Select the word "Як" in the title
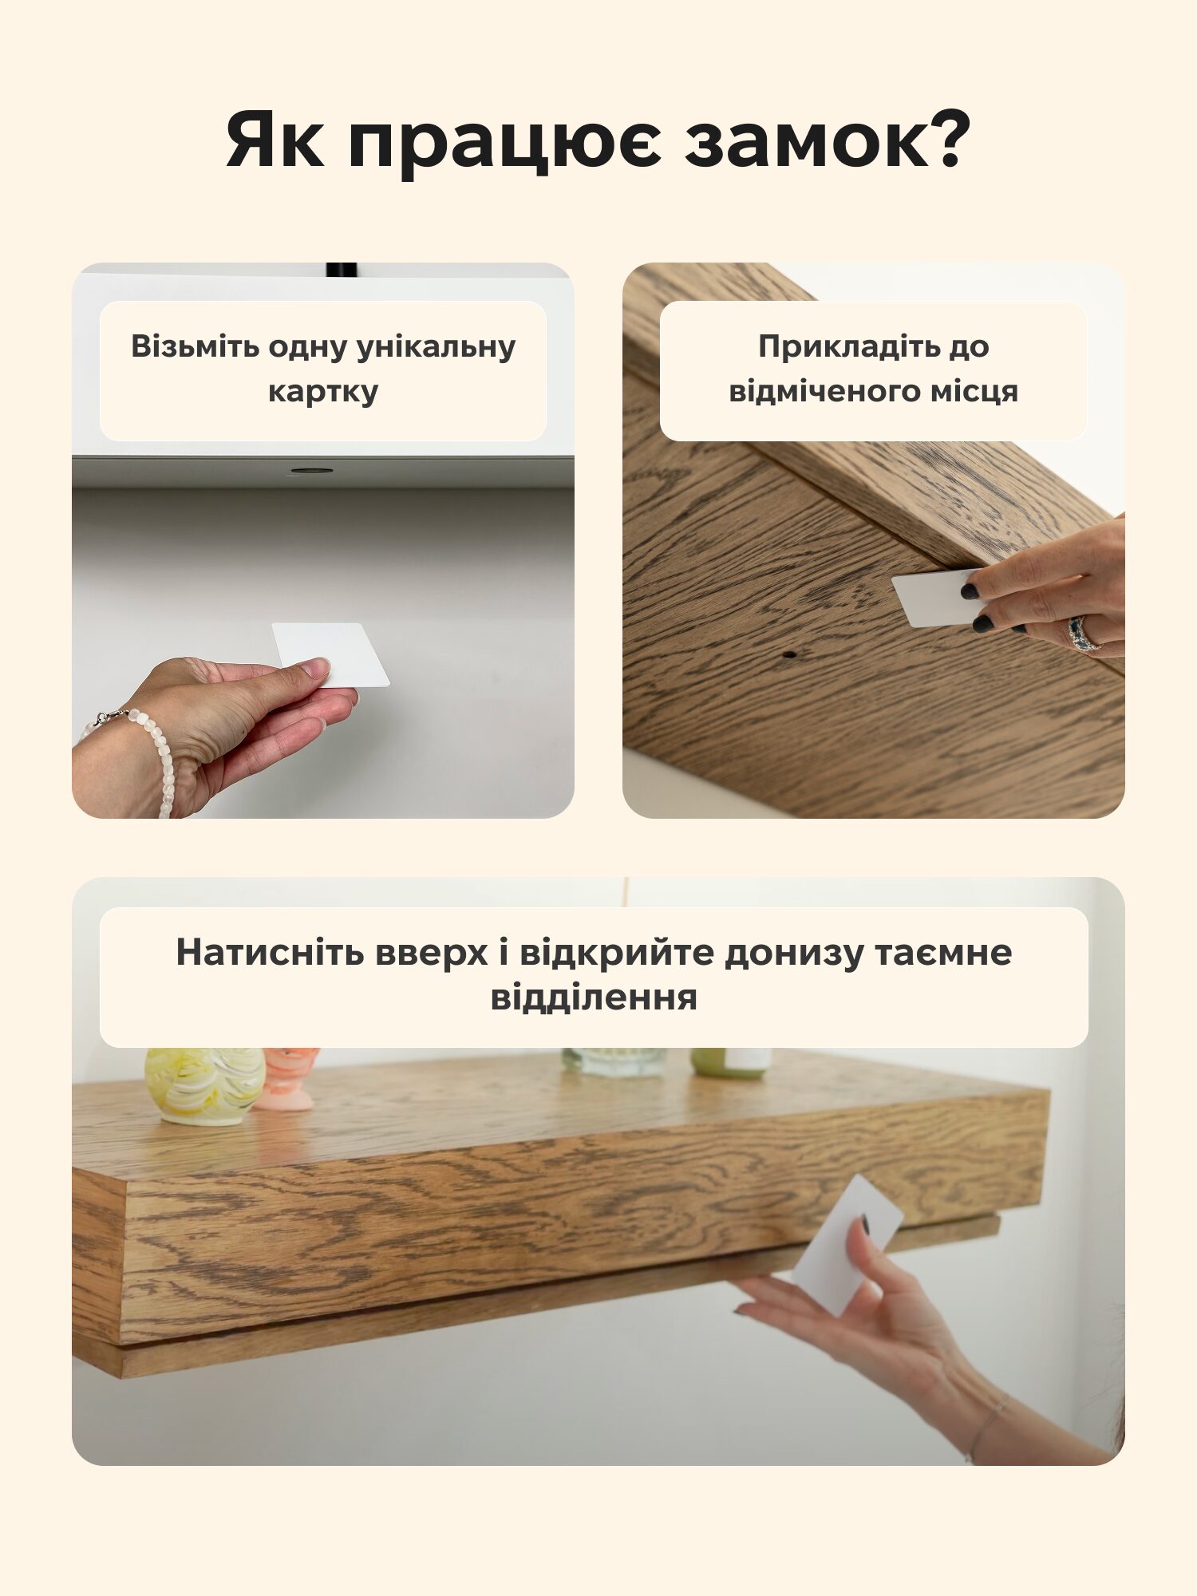click(x=275, y=140)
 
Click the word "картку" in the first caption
click(x=323, y=392)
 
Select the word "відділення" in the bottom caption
click(x=594, y=997)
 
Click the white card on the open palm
click(x=330, y=654)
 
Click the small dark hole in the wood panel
click(x=789, y=654)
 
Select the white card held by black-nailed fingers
click(x=937, y=598)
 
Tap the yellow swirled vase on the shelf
click(x=205, y=1086)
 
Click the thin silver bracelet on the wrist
click(x=986, y=1428)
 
